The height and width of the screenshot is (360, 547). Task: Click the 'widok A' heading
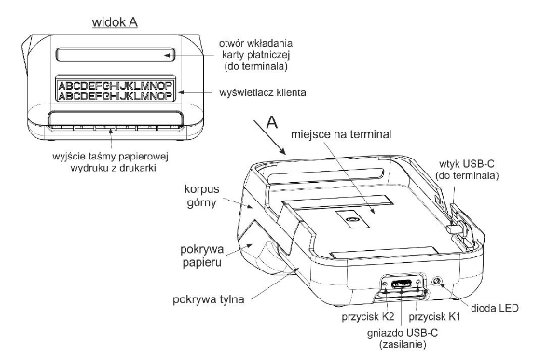point(115,22)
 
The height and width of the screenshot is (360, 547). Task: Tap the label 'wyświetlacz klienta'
point(263,92)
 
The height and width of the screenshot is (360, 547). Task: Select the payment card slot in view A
point(116,54)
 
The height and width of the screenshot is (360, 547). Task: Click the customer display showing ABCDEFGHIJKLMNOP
point(116,90)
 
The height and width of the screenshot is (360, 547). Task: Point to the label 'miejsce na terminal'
point(341,134)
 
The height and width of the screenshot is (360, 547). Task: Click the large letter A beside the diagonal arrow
point(272,122)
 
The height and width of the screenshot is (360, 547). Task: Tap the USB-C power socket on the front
point(402,284)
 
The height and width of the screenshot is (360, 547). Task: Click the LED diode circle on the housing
point(437,281)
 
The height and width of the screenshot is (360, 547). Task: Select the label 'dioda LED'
point(495,308)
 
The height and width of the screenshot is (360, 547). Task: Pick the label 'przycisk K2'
point(368,317)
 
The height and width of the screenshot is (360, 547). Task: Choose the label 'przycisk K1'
point(434,317)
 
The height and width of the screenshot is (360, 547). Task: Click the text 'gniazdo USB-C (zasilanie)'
point(403,339)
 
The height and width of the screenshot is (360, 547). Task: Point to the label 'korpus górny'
point(202,196)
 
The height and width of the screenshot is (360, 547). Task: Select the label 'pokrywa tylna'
point(208,299)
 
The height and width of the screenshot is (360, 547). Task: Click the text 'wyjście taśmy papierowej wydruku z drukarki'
point(111,161)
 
